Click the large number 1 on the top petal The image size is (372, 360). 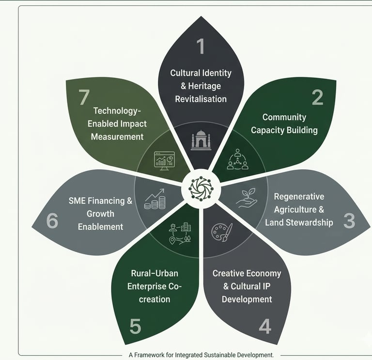tap(201, 46)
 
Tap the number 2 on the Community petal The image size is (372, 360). tap(317, 97)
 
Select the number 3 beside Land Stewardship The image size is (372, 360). tap(349, 220)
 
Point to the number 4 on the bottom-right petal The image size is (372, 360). tap(265, 326)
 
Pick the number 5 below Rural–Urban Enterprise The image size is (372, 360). tap(135, 326)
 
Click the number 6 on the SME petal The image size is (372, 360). tap(52, 220)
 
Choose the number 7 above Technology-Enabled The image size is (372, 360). tap(84, 97)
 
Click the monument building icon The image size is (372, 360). tap(201, 140)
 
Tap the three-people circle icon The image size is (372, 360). tap(237, 159)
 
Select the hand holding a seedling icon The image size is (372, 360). tap(247, 198)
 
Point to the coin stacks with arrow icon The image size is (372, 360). tap(155, 199)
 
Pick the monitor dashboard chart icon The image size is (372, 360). tap(164, 161)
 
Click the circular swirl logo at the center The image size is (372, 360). tap(201, 189)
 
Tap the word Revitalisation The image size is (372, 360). tap(201, 99)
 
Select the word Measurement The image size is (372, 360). tap(117, 137)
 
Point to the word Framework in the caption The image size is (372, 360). tap(149, 355)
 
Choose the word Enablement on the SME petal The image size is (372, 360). tap(101, 227)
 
